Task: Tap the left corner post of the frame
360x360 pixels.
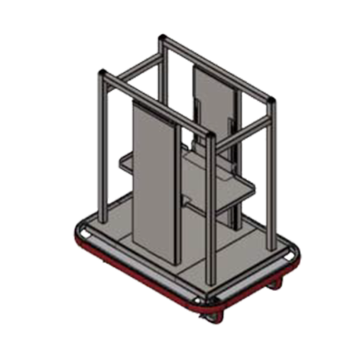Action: pyautogui.click(x=102, y=144)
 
